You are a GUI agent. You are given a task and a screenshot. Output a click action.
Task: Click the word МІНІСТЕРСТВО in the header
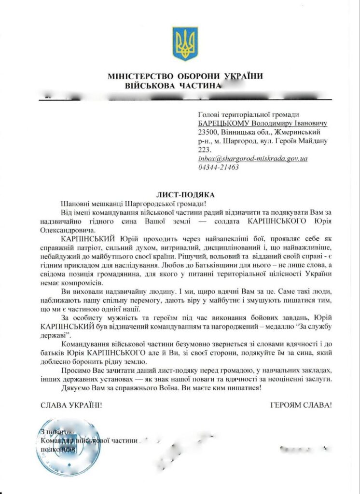[x=140, y=76]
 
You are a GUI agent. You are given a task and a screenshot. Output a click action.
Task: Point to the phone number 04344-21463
[x=218, y=167]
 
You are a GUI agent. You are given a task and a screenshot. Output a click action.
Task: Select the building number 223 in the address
[x=205, y=150]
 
